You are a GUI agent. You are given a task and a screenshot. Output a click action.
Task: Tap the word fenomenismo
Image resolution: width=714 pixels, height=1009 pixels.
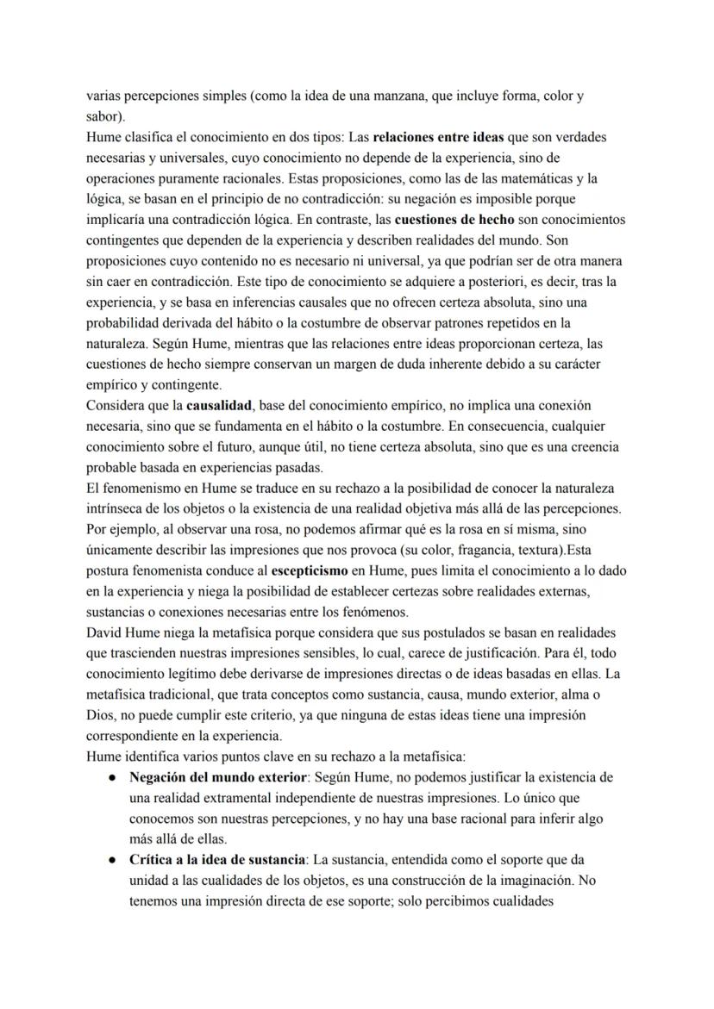click(143, 488)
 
